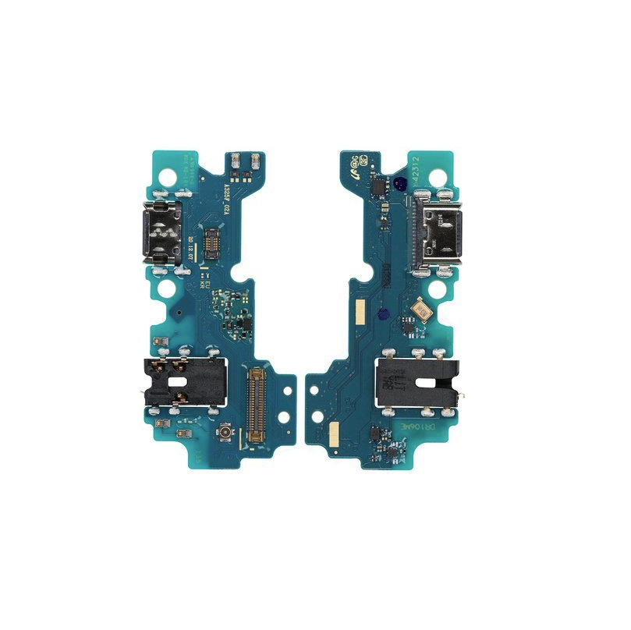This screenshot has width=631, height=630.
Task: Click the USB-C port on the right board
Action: [x=441, y=233]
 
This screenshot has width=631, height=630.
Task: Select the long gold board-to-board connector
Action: [x=256, y=401]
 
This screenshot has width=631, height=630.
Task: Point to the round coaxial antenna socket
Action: [x=225, y=432]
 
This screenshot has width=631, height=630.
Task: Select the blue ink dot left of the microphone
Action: [x=382, y=313]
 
